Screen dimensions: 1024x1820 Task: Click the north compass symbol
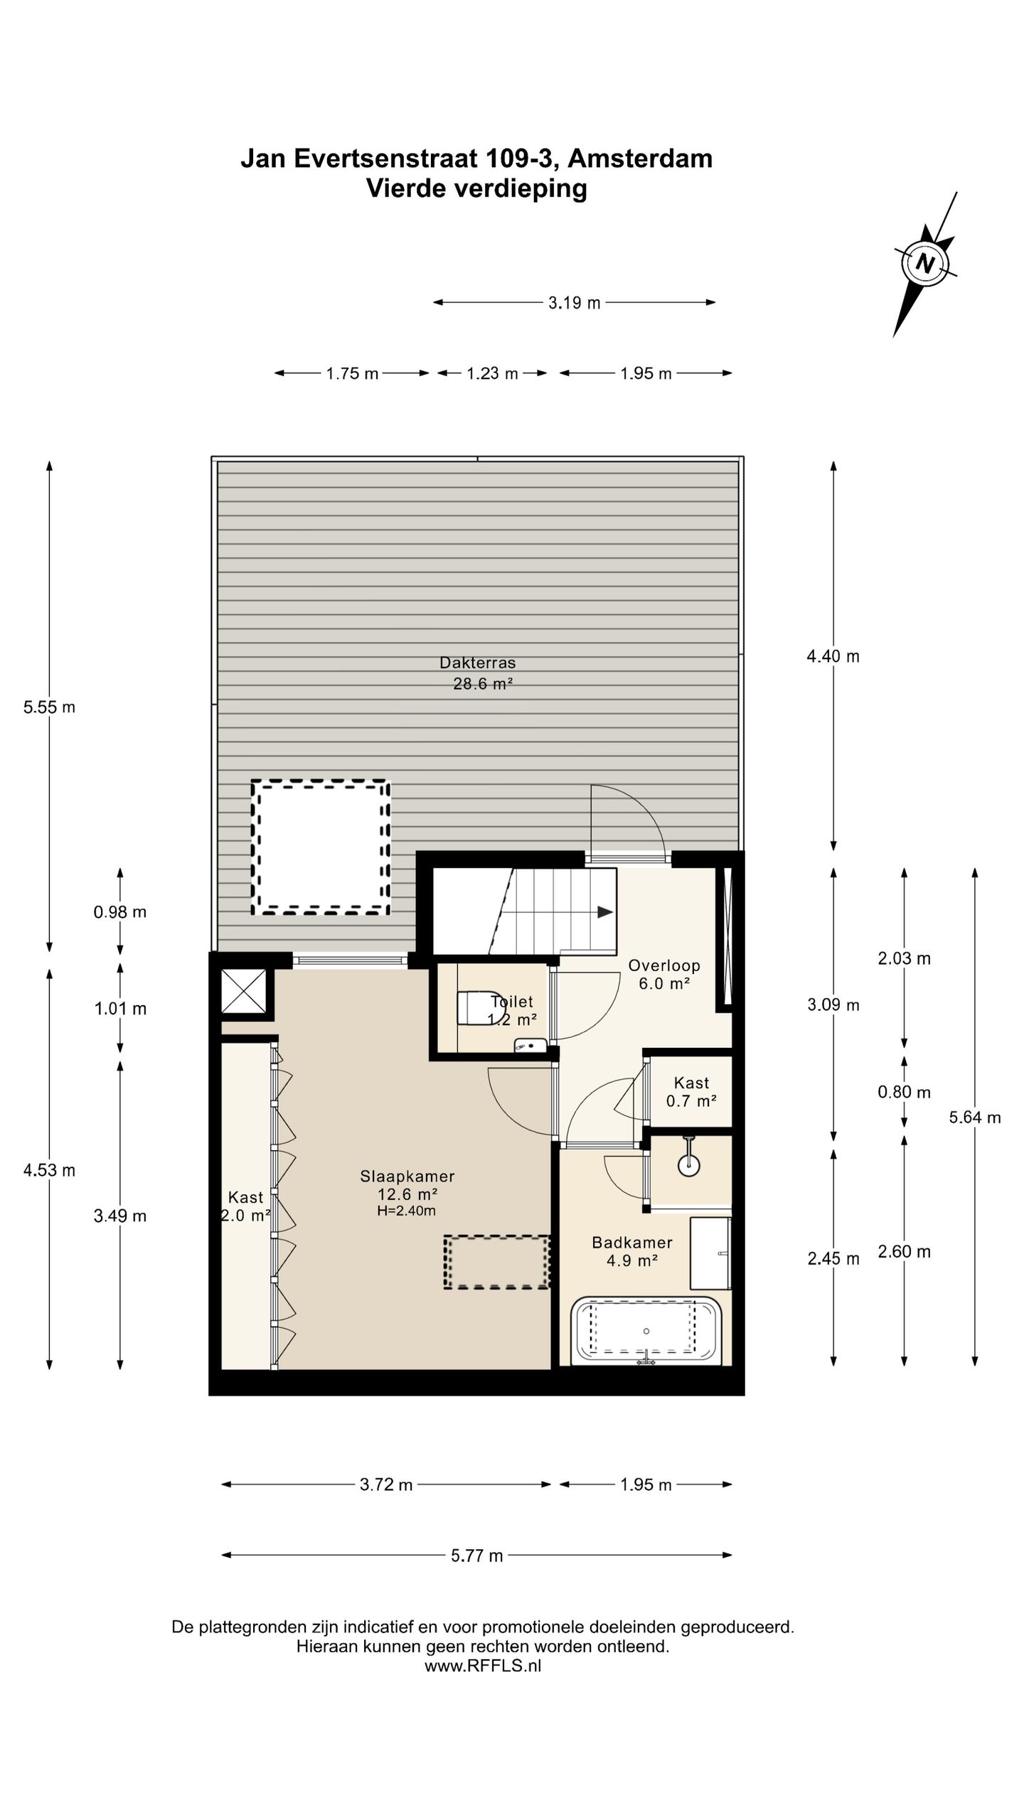925,264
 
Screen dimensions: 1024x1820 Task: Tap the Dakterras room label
477,663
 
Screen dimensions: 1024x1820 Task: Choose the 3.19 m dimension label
574,303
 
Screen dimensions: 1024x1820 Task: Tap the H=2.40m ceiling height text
406,1211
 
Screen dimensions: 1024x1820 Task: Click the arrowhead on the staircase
605,912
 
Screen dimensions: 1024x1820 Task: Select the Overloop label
664,965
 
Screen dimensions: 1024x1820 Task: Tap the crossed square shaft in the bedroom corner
244,991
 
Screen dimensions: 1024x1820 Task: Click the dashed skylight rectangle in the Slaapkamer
497,1261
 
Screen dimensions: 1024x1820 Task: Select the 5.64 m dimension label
975,1117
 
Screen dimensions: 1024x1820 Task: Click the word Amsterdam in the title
640,158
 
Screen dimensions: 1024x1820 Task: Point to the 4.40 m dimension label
833,656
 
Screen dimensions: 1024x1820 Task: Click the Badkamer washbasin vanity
710,1253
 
